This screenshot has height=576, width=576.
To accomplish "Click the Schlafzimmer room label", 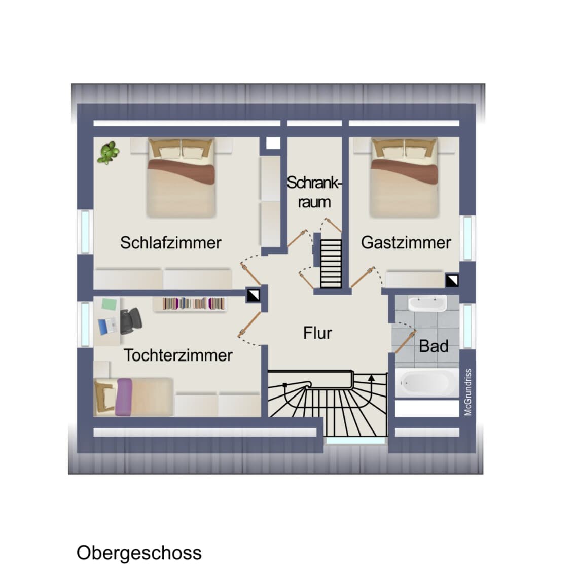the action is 171,243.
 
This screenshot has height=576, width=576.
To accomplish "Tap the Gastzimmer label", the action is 406,243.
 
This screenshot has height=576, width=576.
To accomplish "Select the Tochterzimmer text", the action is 178,355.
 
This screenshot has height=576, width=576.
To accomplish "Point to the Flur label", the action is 317,333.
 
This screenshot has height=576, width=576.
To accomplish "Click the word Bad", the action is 434,346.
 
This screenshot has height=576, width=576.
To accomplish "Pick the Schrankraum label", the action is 314,192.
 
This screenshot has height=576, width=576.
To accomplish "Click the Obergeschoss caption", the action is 139,553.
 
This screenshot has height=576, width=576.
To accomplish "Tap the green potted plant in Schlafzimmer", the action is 108,153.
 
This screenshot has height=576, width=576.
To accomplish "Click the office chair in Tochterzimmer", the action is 130,320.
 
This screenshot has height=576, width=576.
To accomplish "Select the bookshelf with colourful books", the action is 193,304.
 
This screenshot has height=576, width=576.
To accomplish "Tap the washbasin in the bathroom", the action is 427,303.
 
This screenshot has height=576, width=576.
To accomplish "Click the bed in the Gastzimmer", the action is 404,177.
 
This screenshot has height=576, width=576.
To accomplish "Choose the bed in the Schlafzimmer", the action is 181,177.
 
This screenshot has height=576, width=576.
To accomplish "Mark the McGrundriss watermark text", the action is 467,392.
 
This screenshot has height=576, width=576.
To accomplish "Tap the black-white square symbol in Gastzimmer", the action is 452,280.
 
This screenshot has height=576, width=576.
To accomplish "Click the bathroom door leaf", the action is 405,342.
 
